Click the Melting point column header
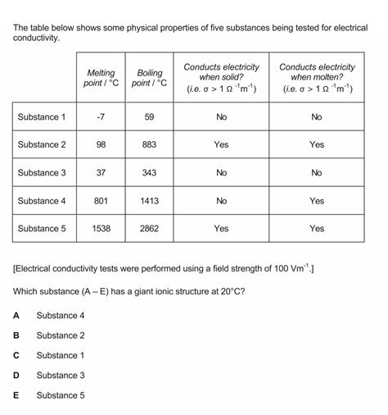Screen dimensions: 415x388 [102, 78]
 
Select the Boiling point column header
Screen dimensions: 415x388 [150, 78]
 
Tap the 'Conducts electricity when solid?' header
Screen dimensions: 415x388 [221, 78]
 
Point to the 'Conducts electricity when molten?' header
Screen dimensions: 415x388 [317, 78]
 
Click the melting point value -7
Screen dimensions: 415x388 [102, 117]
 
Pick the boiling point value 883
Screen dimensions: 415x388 [150, 145]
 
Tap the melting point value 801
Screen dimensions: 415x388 [102, 201]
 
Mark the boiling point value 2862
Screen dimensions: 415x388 [150, 229]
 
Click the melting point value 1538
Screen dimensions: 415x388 [102, 229]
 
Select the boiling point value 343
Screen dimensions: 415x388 [150, 173]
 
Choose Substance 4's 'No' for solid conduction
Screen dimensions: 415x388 [221, 201]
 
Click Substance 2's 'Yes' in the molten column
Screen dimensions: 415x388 [317, 145]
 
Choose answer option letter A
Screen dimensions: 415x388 [16, 316]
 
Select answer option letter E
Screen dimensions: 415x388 [16, 395]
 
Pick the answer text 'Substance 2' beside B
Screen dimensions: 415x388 [61, 335]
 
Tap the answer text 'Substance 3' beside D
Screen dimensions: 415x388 [61, 376]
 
